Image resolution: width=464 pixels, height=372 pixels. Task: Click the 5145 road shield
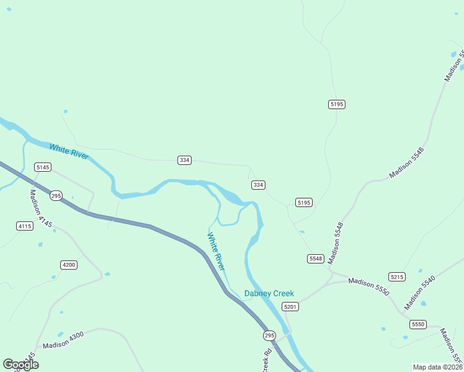click(43, 167)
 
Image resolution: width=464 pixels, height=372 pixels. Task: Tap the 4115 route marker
click(25, 226)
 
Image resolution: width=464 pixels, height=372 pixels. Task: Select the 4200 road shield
click(69, 265)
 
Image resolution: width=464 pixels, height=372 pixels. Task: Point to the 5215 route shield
click(397, 277)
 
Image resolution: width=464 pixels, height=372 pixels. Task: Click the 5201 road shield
click(290, 307)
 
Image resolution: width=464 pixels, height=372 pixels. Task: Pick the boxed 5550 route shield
click(418, 324)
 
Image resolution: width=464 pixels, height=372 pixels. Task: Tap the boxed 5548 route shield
click(316, 258)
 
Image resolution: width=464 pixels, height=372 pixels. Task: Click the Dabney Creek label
click(269, 294)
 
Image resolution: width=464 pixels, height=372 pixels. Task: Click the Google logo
click(20, 365)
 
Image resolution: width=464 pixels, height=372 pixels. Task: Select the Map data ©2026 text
click(437, 367)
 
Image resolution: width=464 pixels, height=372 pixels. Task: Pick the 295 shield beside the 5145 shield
click(56, 195)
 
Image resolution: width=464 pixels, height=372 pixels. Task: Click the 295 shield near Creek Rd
click(269, 335)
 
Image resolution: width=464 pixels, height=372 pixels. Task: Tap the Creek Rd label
click(267, 360)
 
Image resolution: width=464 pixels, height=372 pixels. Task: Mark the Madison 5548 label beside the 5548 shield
click(336, 242)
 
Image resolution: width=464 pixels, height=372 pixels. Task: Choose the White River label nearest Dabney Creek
click(216, 251)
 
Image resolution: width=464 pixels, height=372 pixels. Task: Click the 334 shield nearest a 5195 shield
click(259, 185)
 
